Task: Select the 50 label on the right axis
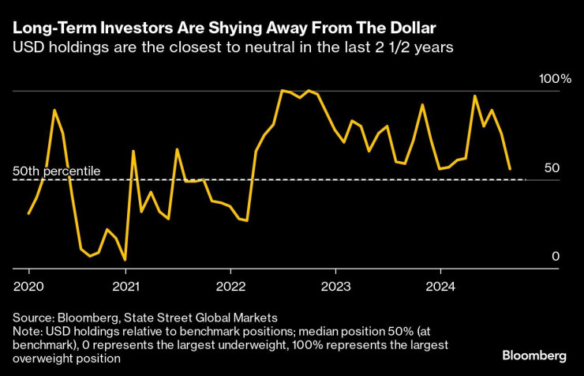pos(552,168)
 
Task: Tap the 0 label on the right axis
pos(555,257)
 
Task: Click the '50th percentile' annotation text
pos(57,171)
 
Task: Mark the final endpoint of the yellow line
pos(511,169)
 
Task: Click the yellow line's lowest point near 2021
pos(125,260)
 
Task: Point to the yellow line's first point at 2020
pos(28,213)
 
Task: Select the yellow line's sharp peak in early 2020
pos(54,110)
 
